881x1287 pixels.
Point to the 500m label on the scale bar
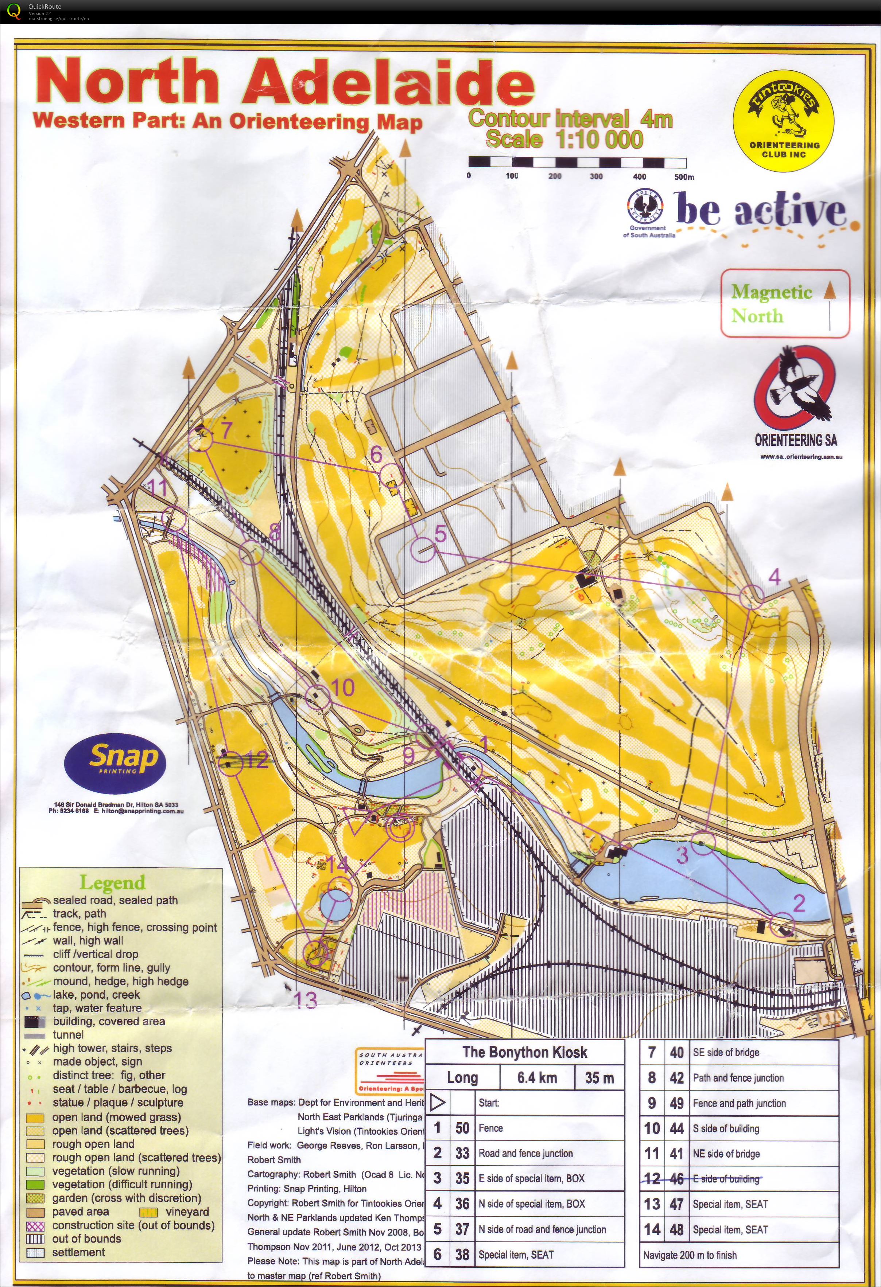[684, 177]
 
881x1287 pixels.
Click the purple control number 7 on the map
[225, 430]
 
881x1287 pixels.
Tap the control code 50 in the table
[462, 1128]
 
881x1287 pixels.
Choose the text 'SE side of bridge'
[726, 1053]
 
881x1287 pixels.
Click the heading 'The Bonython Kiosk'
[525, 1052]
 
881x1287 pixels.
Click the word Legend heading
[112, 882]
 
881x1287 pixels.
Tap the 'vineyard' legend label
[187, 1212]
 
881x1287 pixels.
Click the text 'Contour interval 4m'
[570, 118]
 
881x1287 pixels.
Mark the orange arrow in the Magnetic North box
[830, 290]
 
